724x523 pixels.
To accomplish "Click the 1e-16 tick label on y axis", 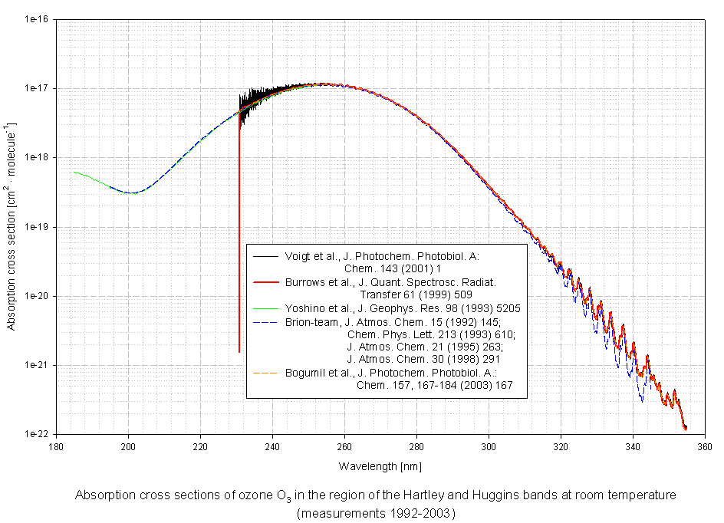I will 35,19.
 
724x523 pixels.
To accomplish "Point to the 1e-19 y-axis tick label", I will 35,227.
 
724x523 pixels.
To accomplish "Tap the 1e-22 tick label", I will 35,434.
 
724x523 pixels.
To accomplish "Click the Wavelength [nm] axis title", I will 380,466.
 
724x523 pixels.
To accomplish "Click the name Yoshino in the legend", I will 302,308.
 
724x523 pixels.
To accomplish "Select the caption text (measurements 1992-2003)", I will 376,513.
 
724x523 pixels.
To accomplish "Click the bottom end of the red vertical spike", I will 239,352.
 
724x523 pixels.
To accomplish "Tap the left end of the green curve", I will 74,172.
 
